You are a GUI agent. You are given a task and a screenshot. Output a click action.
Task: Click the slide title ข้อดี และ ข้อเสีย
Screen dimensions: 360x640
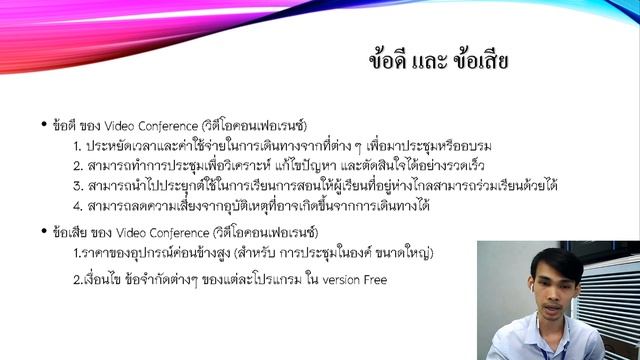click(x=439, y=61)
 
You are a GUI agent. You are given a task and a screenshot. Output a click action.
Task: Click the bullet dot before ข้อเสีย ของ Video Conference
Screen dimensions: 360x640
click(x=44, y=231)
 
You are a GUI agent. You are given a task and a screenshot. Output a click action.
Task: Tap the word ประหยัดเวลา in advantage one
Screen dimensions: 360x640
click(x=121, y=146)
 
